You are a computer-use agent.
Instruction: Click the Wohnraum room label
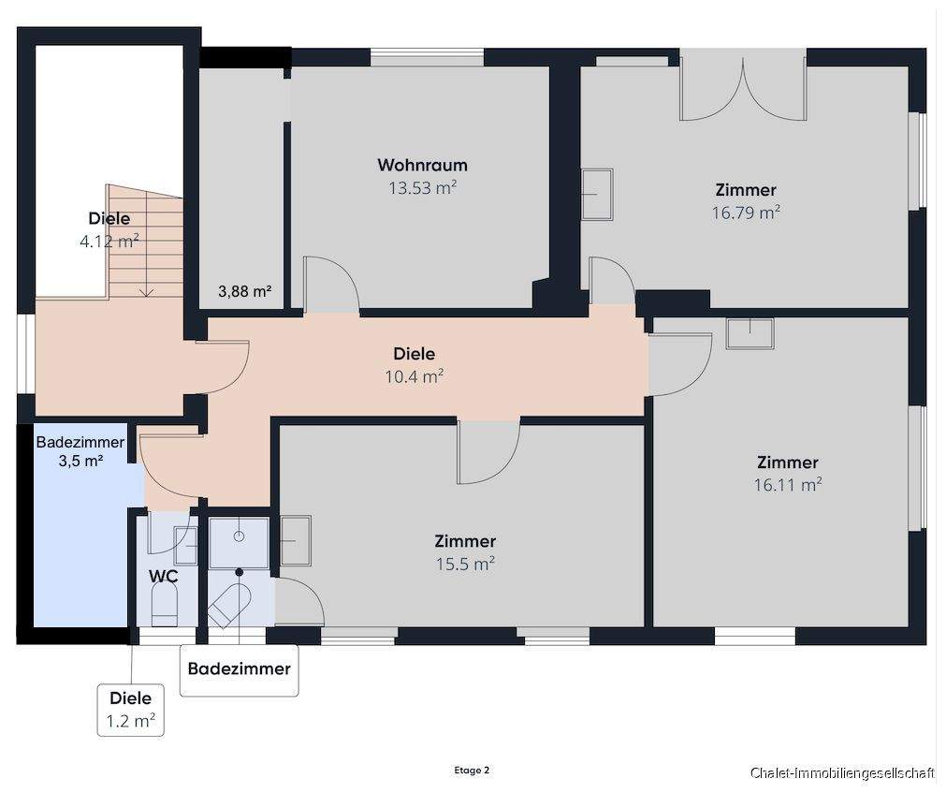422,165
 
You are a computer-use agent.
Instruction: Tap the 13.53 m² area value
422,187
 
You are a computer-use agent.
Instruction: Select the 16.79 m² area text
746,213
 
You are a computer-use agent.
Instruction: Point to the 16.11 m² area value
788,485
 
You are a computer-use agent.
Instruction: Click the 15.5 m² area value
465,564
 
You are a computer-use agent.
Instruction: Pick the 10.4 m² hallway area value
415,376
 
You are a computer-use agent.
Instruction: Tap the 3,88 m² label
244,291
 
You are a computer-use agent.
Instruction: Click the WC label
164,577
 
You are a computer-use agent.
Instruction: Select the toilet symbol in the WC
164,607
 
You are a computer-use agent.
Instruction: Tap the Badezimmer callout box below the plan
240,670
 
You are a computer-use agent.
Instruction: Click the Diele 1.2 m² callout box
131,710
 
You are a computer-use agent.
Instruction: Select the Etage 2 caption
472,771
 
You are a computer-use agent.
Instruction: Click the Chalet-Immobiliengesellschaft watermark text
842,772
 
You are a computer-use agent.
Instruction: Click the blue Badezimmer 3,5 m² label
80,451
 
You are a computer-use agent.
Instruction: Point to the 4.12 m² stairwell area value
109,242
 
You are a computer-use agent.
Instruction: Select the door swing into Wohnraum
332,284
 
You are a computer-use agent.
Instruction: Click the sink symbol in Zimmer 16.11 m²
750,333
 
